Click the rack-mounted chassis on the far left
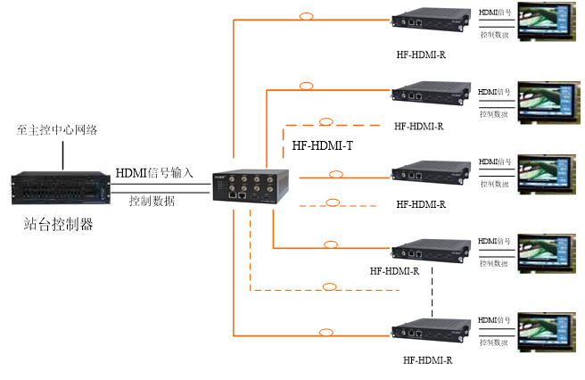point(61,187)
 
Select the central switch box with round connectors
point(250,186)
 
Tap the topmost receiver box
point(431,20)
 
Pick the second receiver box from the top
point(431,94)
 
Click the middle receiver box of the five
point(431,172)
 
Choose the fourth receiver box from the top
point(431,252)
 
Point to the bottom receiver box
point(431,331)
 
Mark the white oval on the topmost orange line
point(306,16)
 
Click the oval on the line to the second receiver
point(306,86)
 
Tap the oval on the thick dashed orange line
point(326,121)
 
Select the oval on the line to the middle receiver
point(336,174)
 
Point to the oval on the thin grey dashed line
point(329,286)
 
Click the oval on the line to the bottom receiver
point(326,332)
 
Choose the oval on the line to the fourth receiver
point(331,244)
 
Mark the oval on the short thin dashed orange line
point(333,202)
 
